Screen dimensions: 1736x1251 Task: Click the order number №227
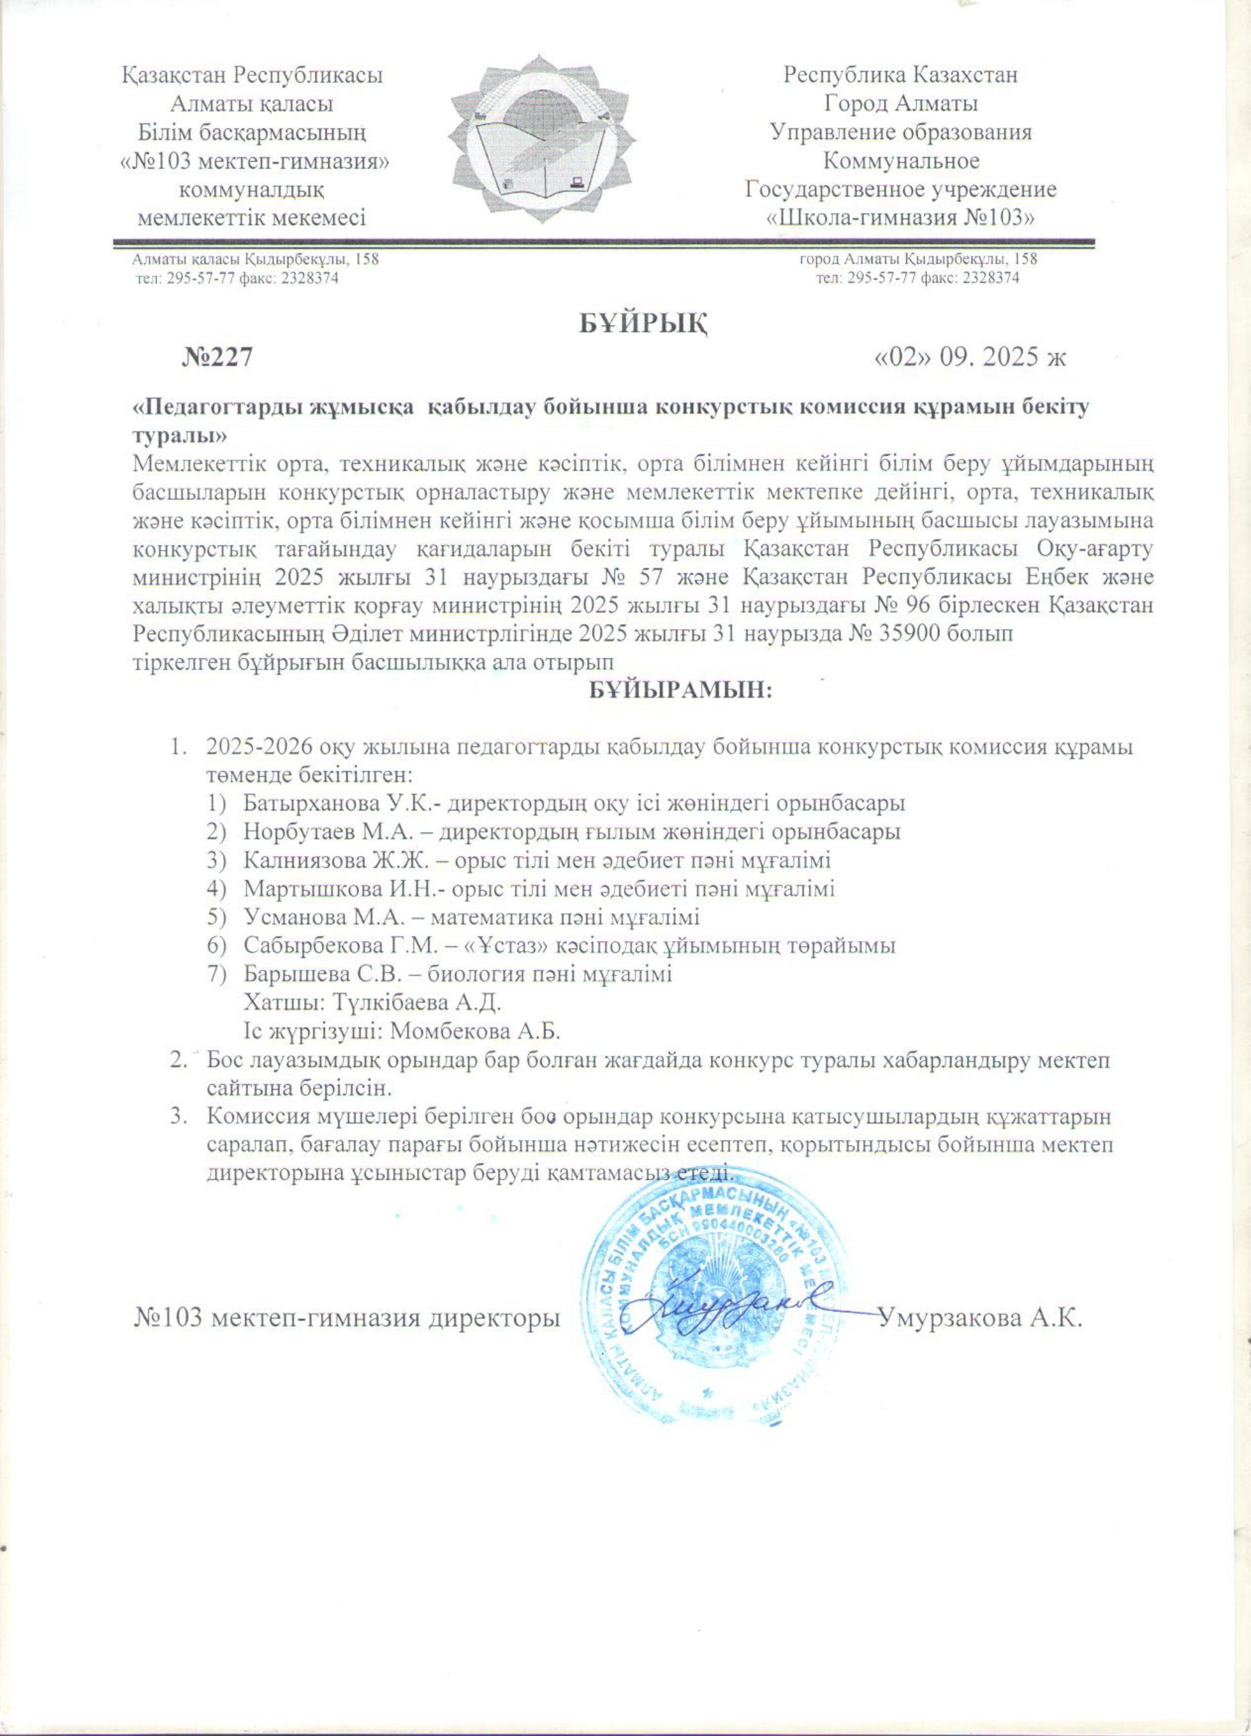click(217, 358)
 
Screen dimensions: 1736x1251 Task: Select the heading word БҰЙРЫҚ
click(641, 324)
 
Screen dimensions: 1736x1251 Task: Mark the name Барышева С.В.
click(324, 974)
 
